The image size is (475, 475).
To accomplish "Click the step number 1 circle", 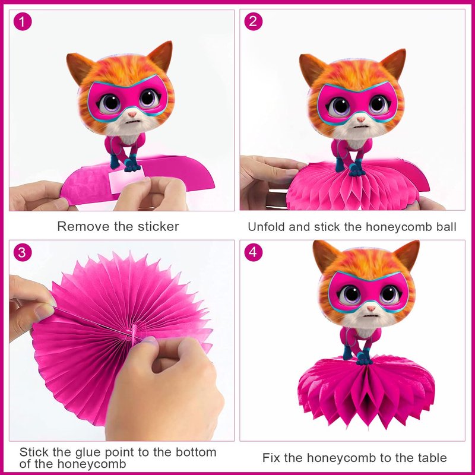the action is coord(23,21).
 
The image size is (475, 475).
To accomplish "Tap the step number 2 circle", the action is coord(254,21).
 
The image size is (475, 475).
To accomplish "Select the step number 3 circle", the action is coord(23,252).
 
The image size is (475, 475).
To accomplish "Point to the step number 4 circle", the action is coord(254,252).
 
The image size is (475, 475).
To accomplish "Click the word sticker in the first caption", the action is coord(158,227).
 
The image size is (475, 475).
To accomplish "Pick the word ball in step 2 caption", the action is coord(446,227).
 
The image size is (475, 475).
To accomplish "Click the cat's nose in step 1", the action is coord(132,114).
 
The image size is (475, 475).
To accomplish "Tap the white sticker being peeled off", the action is coord(126,180).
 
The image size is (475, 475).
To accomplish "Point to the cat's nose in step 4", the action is coord(371,308).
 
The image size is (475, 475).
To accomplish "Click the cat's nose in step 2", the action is coord(361,119).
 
